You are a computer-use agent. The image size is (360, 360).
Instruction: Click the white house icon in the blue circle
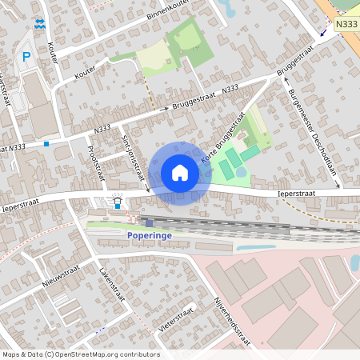click(x=180, y=173)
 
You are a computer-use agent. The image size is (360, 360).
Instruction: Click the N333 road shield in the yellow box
click(x=346, y=25)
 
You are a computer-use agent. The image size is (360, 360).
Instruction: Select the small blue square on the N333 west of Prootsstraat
click(x=46, y=144)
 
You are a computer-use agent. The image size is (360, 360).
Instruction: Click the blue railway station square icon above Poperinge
click(x=149, y=222)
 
